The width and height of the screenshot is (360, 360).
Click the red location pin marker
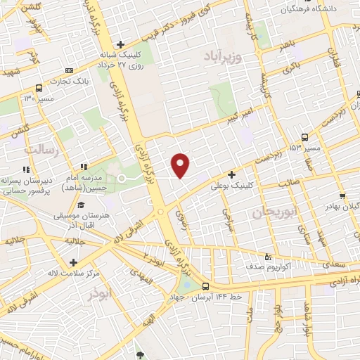click(x=181, y=165)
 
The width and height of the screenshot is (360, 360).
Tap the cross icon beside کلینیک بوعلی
click(x=231, y=174)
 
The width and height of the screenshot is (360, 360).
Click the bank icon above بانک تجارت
click(x=68, y=70)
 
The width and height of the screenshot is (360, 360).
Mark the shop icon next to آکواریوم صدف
click(x=267, y=257)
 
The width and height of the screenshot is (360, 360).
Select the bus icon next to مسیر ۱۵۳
click(x=304, y=137)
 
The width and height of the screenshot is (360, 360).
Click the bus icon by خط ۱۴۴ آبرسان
click(x=205, y=286)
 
